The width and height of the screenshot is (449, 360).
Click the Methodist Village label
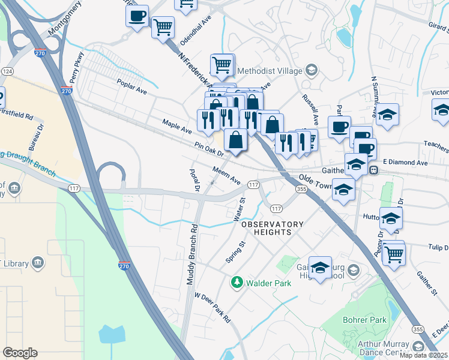tap(267, 71)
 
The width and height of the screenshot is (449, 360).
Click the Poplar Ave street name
tap(132, 87)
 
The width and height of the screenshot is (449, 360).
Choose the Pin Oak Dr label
tap(208, 149)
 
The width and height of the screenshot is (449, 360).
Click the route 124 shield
tap(7, 71)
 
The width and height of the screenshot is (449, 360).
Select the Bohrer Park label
tap(364, 320)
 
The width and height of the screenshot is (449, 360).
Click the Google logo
tap(20, 353)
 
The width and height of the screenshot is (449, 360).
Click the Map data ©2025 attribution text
tap(423, 355)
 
